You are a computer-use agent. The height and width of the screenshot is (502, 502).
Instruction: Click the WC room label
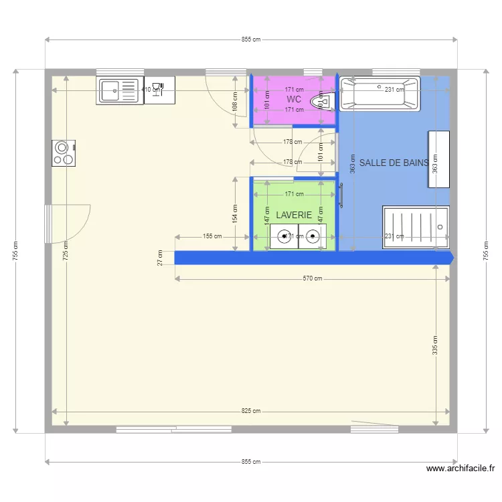tap(293, 100)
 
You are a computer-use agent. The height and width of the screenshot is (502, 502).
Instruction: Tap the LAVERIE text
tap(294, 215)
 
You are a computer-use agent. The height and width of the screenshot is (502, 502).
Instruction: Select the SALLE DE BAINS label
tap(394, 163)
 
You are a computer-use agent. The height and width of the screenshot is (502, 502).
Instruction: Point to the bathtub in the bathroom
tap(379, 94)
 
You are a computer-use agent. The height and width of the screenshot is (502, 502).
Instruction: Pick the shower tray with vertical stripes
tap(415, 228)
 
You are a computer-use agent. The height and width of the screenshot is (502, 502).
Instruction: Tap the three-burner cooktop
tap(64, 153)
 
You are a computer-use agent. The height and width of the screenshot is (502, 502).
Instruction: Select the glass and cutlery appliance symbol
tap(159, 90)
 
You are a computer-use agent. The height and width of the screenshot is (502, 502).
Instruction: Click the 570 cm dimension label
tap(312, 278)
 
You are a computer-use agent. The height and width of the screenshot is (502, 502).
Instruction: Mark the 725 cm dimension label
tap(66, 251)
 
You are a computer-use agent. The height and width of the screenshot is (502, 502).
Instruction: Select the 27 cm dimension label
tap(160, 258)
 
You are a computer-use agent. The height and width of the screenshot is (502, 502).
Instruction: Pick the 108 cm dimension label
tap(235, 101)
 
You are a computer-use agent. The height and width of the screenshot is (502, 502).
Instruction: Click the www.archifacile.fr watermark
tap(461, 469)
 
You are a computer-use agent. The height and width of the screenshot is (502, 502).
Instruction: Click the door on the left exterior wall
tap(48, 224)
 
